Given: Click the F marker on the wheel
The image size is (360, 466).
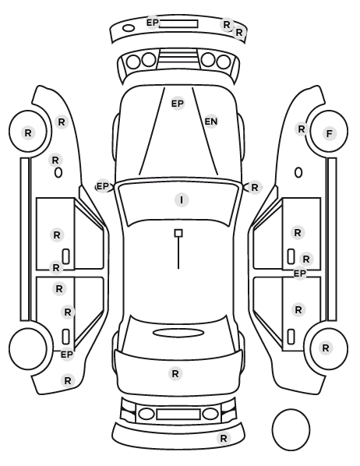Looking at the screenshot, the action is pyautogui.click(x=329, y=133).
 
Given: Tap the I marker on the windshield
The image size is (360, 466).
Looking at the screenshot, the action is pyautogui.click(x=182, y=199).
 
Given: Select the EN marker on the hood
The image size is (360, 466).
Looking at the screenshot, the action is pyautogui.click(x=211, y=122).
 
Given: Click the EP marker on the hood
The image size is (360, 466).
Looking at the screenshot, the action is pyautogui.click(x=178, y=104).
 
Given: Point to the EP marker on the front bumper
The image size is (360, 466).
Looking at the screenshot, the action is pyautogui.click(x=153, y=23).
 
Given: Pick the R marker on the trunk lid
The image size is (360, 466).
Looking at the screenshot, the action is pyautogui.click(x=175, y=373).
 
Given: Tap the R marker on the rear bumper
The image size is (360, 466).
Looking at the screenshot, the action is pyautogui.click(x=224, y=438).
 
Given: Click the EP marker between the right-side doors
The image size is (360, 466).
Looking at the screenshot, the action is pyautogui.click(x=300, y=273).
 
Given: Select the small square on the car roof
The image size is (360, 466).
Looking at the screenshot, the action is pyautogui.click(x=178, y=233).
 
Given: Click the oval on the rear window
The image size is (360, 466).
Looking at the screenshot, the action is pyautogui.click(x=177, y=333).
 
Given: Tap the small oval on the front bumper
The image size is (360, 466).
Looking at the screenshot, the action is pyautogui.click(x=129, y=28).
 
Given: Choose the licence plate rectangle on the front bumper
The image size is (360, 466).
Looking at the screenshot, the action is pyautogui.click(x=178, y=24).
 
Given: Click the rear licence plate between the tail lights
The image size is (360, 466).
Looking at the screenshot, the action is pyautogui.click(x=178, y=415).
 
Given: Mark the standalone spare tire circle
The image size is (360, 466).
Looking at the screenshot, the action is pyautogui.click(x=291, y=429).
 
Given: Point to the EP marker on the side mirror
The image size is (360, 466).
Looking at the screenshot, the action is pyautogui.click(x=103, y=186).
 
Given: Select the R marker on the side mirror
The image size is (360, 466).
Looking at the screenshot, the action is pyautogui.click(x=255, y=188).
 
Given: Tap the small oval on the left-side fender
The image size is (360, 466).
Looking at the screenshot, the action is pyautogui.click(x=58, y=172).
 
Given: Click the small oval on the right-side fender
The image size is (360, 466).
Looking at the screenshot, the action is pyautogui.click(x=298, y=172).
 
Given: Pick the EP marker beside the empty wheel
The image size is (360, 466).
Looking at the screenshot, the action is pyautogui.click(x=67, y=355).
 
